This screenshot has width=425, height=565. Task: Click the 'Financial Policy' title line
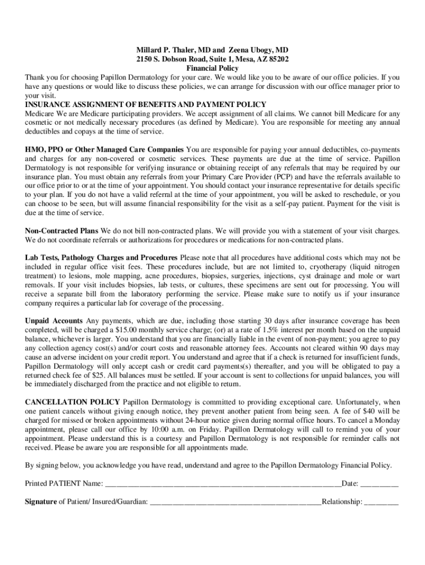212,68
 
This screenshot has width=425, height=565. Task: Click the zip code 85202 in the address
277,59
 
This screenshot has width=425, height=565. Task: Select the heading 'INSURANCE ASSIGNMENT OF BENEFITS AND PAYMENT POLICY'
146,104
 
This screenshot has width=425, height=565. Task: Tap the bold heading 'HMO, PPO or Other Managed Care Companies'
104,150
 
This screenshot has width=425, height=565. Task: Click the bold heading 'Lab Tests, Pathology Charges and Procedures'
101,258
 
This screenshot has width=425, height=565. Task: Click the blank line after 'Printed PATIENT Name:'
223,484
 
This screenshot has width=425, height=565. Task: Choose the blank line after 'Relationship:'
381,502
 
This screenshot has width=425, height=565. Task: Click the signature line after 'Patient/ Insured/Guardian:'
235,502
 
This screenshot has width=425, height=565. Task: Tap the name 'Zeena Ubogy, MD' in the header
259,50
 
